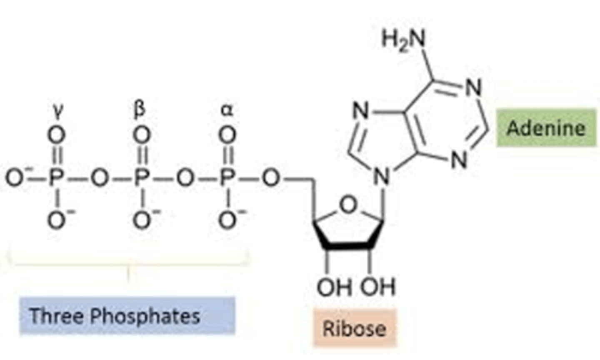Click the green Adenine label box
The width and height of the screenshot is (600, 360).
pyautogui.click(x=546, y=127)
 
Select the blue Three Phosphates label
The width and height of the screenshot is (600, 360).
pyautogui.click(x=127, y=316)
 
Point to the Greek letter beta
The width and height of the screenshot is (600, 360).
pyautogui.click(x=140, y=110)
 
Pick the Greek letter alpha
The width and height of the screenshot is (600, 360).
pyautogui.click(x=227, y=111)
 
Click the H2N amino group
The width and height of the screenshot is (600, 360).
pyautogui.click(x=403, y=40)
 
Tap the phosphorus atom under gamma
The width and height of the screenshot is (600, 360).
pyautogui.click(x=56, y=178)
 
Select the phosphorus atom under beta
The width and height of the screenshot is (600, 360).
pyautogui.click(x=142, y=178)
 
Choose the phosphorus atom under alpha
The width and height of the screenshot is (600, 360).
pyautogui.click(x=227, y=178)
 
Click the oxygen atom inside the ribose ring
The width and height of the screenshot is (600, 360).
pyautogui.click(x=348, y=205)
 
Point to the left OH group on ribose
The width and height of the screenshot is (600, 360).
pyautogui.click(x=334, y=287)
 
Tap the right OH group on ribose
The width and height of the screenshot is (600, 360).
pyautogui.click(x=378, y=287)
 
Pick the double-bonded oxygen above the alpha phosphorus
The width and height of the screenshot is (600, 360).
pyautogui.click(x=227, y=135)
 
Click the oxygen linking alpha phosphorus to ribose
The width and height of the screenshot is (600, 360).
pyautogui.click(x=271, y=178)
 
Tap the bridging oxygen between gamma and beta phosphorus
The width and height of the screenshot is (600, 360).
pyautogui.click(x=100, y=178)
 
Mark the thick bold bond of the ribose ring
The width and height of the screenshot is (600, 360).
pyautogui.click(x=348, y=246)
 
